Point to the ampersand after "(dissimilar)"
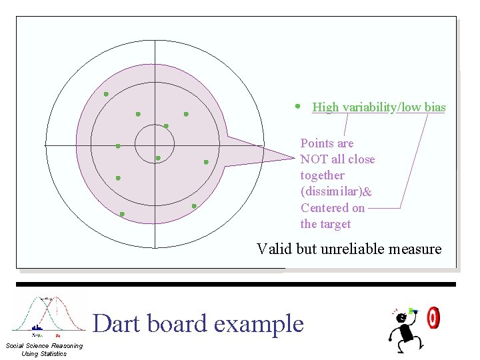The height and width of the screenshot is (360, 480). pos(368,191)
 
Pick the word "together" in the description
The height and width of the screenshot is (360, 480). pos(322,175)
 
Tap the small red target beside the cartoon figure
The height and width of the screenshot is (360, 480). pos(433,317)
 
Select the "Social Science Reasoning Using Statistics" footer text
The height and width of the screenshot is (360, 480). pos(44,349)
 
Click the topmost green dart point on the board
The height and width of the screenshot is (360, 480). pos(106,94)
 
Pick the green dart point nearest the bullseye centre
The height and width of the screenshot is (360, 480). pos(158,158)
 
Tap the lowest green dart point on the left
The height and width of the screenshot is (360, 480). pos(122,214)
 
